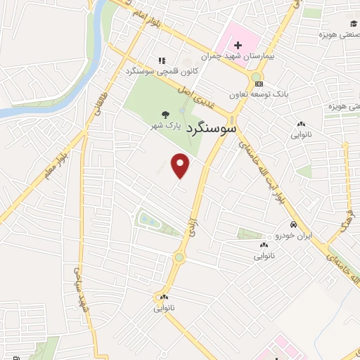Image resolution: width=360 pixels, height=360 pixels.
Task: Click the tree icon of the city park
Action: tap(166, 115)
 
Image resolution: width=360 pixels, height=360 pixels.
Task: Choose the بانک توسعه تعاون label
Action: tap(259, 94)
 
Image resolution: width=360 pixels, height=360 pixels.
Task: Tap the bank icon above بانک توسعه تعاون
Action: tap(259, 83)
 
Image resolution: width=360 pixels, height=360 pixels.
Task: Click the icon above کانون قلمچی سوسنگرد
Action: tap(162, 60)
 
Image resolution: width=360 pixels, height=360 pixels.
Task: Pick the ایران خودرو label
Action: tap(292, 236)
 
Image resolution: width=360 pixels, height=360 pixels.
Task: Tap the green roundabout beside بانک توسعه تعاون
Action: tap(255, 77)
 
